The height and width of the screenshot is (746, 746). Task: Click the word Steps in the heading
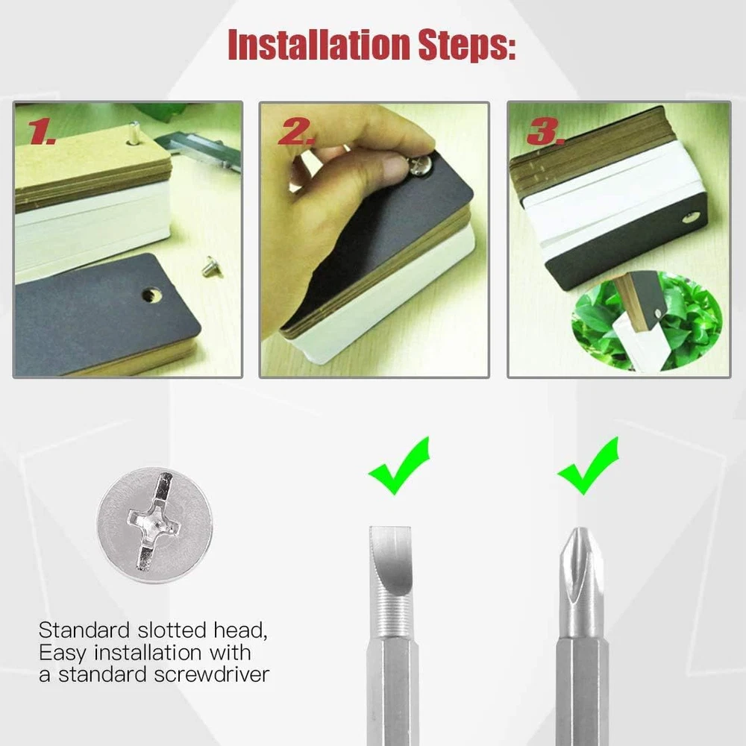pyautogui.click(x=467, y=46)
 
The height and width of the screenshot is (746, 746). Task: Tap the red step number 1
pyautogui.click(x=42, y=131)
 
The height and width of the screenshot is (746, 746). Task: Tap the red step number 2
pyautogui.click(x=295, y=131)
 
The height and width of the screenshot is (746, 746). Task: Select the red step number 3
pyautogui.click(x=545, y=131)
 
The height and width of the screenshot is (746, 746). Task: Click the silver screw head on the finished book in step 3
pyautogui.click(x=688, y=219)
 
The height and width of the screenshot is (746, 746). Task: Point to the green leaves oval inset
pyautogui.click(x=646, y=320)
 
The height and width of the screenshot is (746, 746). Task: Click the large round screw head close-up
pyautogui.click(x=154, y=524)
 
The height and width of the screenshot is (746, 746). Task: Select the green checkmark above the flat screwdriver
pyautogui.click(x=399, y=465)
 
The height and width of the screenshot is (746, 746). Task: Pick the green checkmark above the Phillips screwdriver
pyautogui.click(x=588, y=465)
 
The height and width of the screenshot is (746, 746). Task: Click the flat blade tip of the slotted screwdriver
pyautogui.click(x=390, y=528)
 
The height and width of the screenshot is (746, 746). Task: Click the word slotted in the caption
pyautogui.click(x=172, y=630)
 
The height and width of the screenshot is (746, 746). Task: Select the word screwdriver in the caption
pyautogui.click(x=211, y=674)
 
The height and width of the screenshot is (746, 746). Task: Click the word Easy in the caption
pyautogui.click(x=63, y=653)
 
